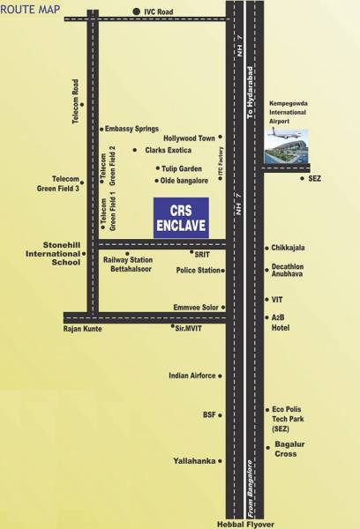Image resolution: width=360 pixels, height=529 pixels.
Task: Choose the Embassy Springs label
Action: tap(134, 128)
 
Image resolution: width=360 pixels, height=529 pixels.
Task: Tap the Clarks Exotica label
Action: tap(172, 151)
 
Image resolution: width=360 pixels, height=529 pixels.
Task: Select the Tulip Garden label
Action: tap(184, 168)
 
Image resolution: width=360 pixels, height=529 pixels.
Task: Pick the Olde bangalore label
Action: tap(184, 181)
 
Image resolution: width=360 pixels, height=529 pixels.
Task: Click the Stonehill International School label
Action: tap(42, 253)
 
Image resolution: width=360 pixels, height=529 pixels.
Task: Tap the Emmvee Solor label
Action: tap(195, 308)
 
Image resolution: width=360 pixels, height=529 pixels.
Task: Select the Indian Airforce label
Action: tap(191, 376)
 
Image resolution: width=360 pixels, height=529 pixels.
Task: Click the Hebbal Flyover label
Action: tap(244, 524)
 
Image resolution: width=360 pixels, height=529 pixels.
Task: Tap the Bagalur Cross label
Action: tap(290, 449)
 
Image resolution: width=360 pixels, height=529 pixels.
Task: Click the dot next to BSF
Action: tap(221, 414)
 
